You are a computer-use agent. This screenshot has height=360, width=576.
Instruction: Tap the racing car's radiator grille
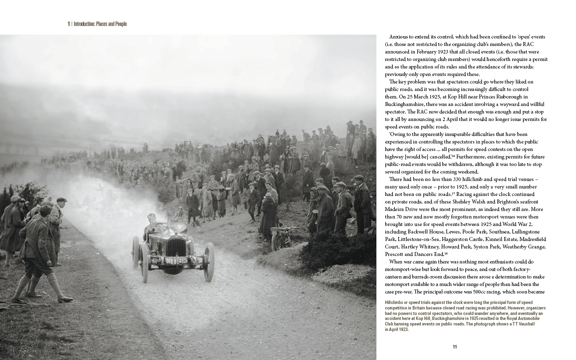click(x=176, y=246)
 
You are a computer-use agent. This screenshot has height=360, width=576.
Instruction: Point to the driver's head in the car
click(x=152, y=219)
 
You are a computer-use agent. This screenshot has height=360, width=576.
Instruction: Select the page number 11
click(x=454, y=347)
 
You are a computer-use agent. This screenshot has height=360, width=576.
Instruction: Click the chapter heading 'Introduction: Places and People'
click(x=100, y=24)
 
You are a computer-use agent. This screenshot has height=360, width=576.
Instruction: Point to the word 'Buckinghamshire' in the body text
click(x=403, y=104)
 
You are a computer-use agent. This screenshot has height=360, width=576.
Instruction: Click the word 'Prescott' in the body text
click(x=396, y=254)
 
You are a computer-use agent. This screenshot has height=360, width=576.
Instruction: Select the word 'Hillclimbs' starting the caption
click(x=395, y=303)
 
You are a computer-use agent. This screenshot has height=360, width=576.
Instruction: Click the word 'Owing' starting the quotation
click(x=398, y=134)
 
